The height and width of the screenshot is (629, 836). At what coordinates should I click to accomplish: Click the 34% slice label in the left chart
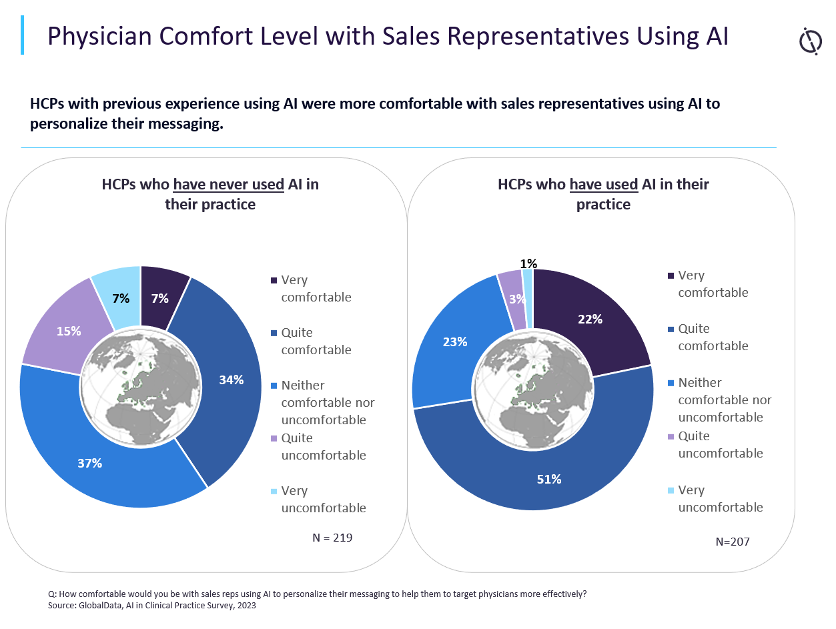click(232, 380)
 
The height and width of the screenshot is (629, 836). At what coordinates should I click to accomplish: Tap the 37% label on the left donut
click(89, 463)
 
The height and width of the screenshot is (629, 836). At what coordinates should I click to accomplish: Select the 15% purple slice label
click(69, 331)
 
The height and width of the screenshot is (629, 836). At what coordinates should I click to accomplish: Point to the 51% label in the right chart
click(549, 479)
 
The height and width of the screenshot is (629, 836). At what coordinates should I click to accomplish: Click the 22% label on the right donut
click(590, 319)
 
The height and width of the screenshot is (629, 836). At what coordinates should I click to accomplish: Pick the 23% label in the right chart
click(455, 342)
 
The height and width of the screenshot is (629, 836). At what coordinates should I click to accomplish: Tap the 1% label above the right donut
click(528, 263)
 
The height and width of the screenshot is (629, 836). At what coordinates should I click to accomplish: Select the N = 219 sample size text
click(332, 537)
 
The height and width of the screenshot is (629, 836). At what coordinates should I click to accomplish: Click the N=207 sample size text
click(733, 542)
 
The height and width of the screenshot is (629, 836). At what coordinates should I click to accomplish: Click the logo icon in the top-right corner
click(810, 41)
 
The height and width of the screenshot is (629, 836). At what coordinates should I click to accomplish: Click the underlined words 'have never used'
click(229, 184)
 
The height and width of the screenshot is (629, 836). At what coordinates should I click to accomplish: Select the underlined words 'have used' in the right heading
click(604, 184)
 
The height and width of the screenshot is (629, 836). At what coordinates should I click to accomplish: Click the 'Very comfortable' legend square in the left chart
click(274, 281)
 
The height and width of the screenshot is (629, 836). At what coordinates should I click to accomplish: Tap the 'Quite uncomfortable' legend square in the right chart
click(671, 437)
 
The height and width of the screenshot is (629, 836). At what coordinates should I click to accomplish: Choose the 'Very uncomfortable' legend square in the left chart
click(274, 492)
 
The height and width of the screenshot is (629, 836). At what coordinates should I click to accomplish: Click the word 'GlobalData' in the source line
click(101, 606)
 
